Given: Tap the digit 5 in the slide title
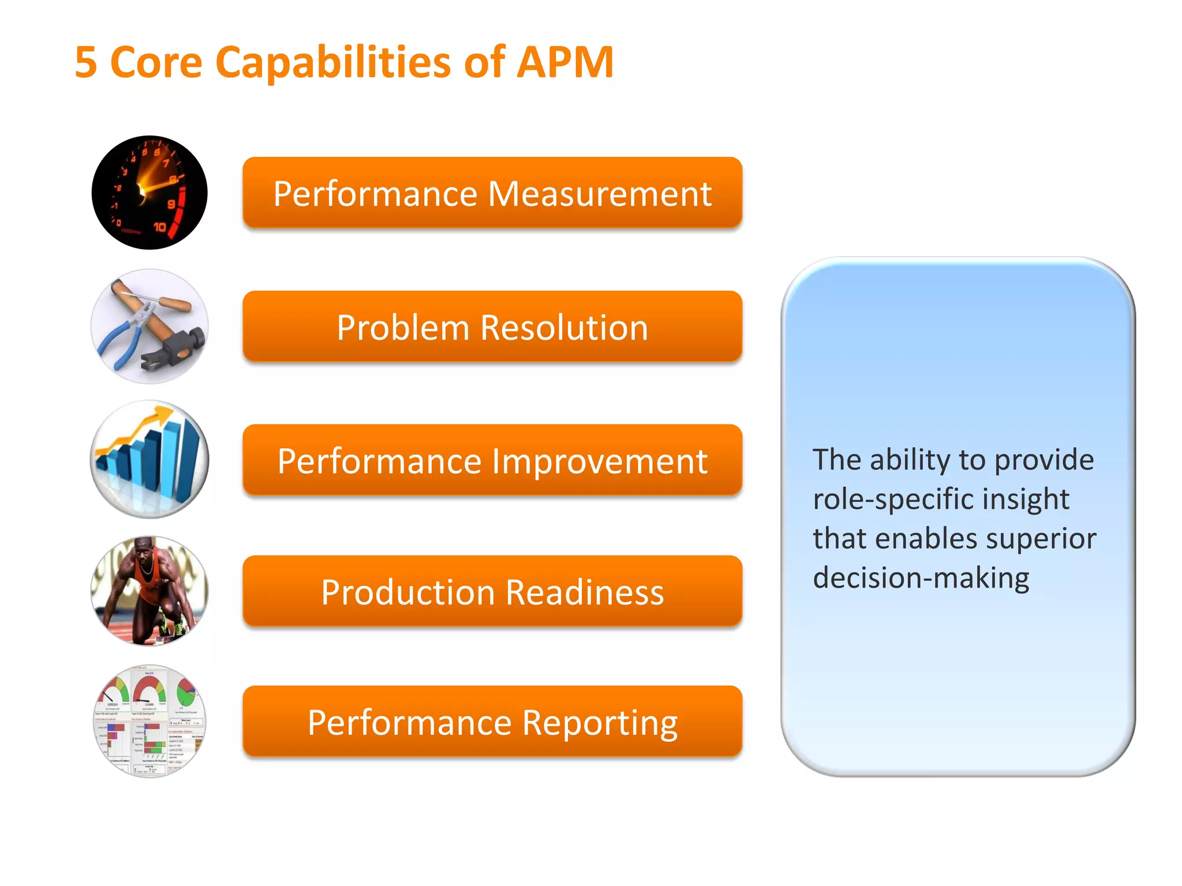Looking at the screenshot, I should click(86, 62).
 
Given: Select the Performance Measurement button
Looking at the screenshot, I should click(492, 193).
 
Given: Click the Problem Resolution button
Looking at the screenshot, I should click(492, 326).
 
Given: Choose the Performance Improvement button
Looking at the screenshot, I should click(492, 460).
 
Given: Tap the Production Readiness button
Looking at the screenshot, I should click(492, 591).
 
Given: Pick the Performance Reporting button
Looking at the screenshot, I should click(492, 722).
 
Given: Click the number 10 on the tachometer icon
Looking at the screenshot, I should click(159, 227).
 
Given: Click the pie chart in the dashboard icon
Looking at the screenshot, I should click(187, 690).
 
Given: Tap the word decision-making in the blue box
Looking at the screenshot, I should click(921, 577).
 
